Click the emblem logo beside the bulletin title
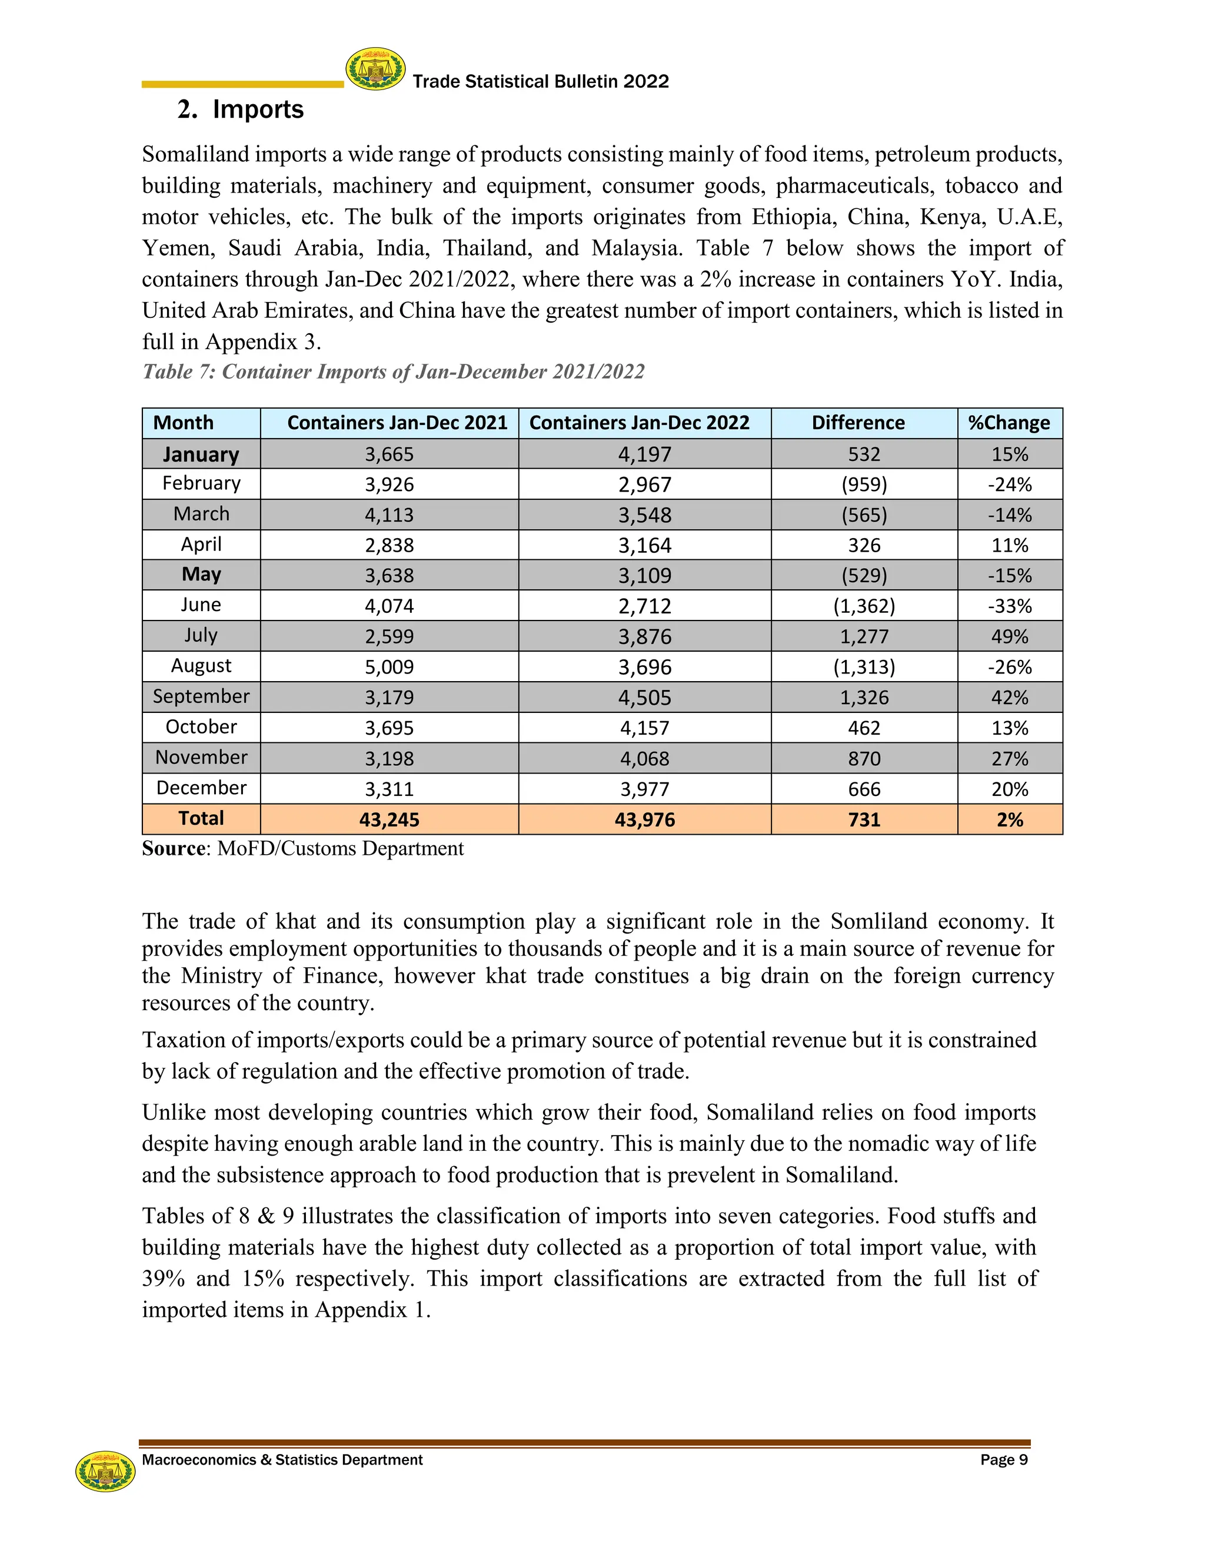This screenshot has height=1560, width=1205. pyautogui.click(x=375, y=69)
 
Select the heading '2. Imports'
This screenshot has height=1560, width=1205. pyautogui.click(x=241, y=109)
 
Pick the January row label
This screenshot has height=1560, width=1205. pyautogui.click(x=201, y=454)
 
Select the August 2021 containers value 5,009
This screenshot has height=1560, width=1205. pyautogui.click(x=389, y=667)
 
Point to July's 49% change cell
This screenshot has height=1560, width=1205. pyautogui.click(x=1010, y=636)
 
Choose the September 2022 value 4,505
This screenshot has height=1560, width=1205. pyautogui.click(x=645, y=698)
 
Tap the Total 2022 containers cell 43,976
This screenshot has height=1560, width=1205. pyautogui.click(x=645, y=819)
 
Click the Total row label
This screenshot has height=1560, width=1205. pyautogui.click(x=201, y=819)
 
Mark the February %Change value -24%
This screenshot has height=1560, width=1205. pyautogui.click(x=1010, y=485)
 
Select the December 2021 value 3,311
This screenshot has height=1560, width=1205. pyautogui.click(x=389, y=789)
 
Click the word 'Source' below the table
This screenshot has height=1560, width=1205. pyautogui.click(x=174, y=848)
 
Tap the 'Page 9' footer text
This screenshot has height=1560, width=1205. pyautogui.click(x=1004, y=1460)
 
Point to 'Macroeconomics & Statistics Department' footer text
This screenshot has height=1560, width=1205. pyautogui.click(x=282, y=1460)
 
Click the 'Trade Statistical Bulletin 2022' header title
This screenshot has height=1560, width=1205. pyautogui.click(x=540, y=81)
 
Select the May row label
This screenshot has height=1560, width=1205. pyautogui.click(x=201, y=575)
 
